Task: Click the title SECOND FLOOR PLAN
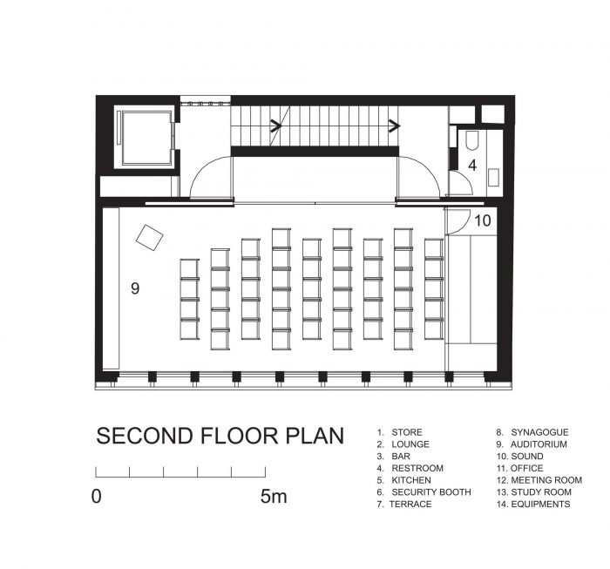click(x=220, y=436)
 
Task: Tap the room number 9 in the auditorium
click(x=135, y=288)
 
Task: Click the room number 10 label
click(x=483, y=221)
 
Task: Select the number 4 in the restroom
click(x=472, y=166)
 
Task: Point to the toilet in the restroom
click(x=471, y=140)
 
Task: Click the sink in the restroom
click(x=494, y=178)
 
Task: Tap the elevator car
click(x=146, y=138)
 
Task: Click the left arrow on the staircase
click(x=276, y=125)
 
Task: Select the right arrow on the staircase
click(x=394, y=125)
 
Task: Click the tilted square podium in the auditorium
click(x=149, y=237)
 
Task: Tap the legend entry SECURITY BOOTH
click(x=431, y=492)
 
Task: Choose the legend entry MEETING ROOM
click(x=546, y=480)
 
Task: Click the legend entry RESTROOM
click(x=417, y=468)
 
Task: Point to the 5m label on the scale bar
click(x=274, y=497)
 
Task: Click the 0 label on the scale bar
click(x=96, y=497)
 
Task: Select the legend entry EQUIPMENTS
click(x=540, y=504)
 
